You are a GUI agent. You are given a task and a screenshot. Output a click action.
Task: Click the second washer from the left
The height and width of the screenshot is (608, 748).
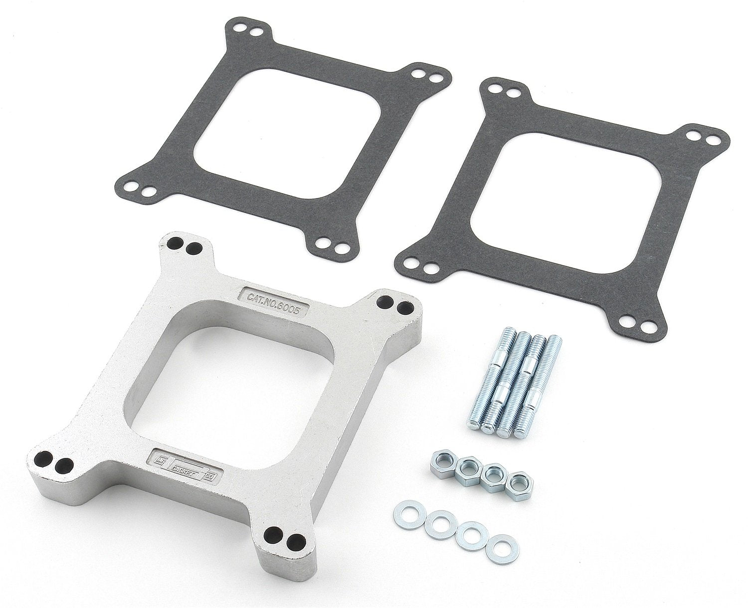click(x=437, y=525)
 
